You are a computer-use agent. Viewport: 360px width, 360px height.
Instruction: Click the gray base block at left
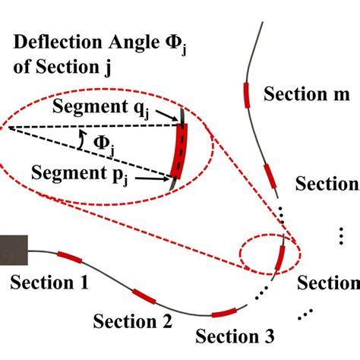14,248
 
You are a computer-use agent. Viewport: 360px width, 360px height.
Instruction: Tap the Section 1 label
49,283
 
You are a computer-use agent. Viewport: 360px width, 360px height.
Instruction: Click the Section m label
306,95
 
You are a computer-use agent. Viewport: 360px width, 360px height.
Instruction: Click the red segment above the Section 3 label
224,312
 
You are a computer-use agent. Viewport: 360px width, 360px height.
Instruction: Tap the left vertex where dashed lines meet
5,127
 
